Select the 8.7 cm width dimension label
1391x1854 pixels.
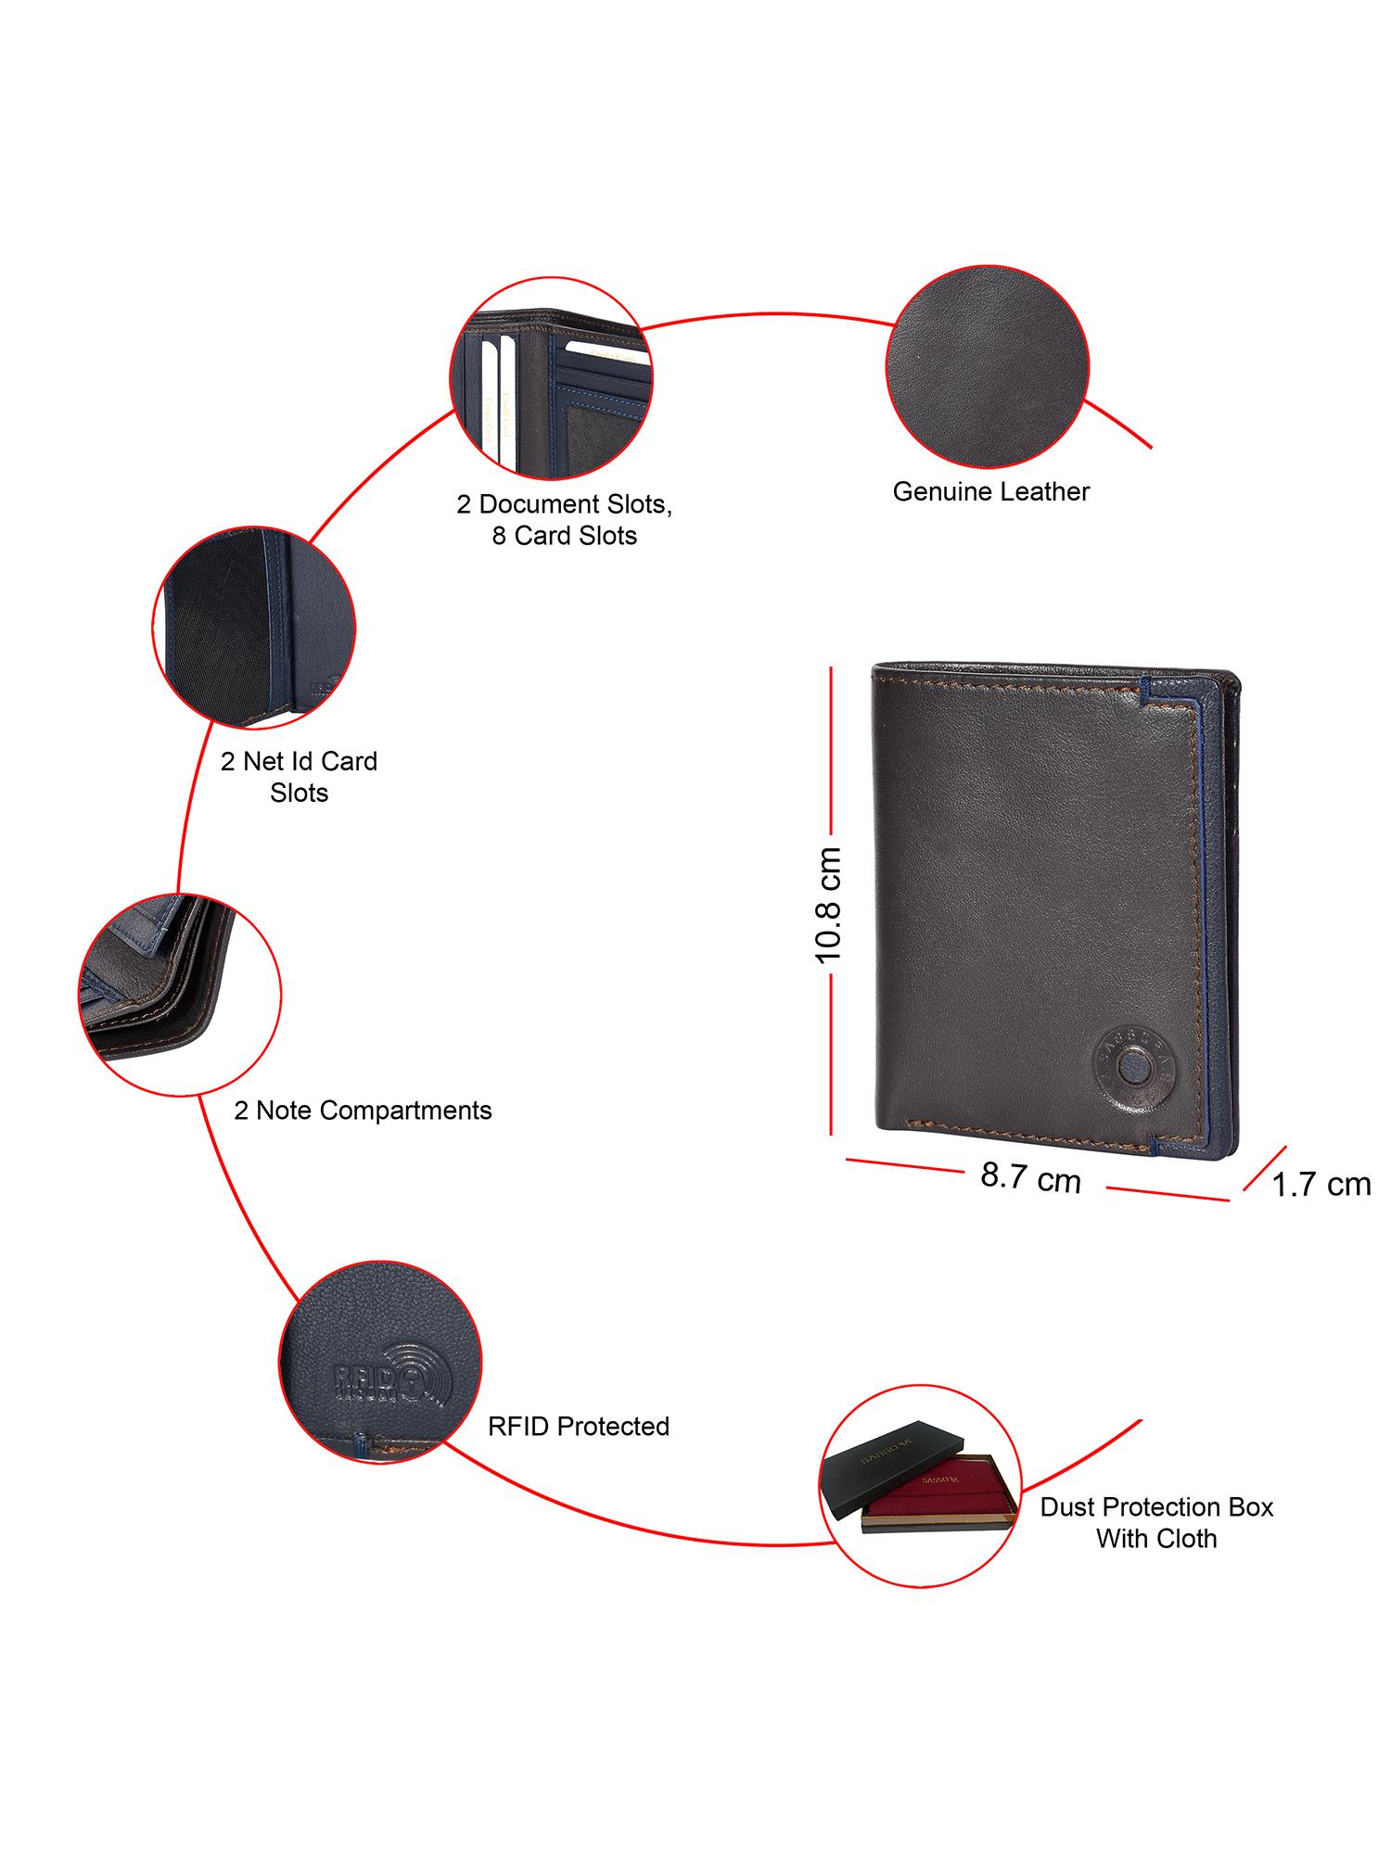[x=1030, y=1178]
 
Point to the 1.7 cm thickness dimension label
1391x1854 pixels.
[x=1321, y=1185]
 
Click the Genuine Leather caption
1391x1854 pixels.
[x=990, y=491]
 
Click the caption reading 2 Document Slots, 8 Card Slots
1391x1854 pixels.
[x=564, y=520]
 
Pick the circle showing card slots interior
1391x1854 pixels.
[x=551, y=382]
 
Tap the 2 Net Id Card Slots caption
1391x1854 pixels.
[x=299, y=777]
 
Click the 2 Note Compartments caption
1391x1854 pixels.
[x=363, y=1110]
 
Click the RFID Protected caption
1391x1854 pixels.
[x=579, y=1426]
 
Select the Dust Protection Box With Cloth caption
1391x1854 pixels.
[x=1156, y=1522]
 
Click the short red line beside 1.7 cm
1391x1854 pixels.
[x=1264, y=1168]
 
